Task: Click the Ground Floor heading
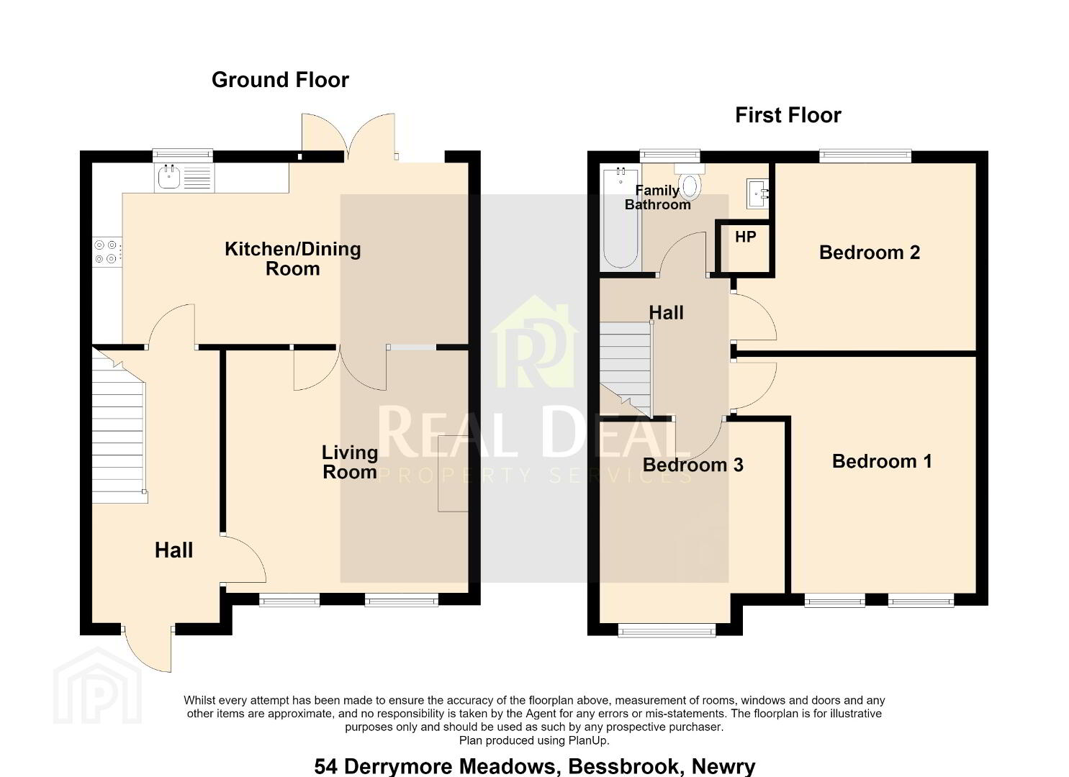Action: click(280, 80)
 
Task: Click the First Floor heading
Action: click(788, 115)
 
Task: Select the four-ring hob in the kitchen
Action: click(107, 252)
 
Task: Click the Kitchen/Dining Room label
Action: click(292, 258)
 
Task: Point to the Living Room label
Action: click(350, 462)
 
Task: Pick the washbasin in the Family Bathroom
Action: click(758, 194)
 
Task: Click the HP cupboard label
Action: click(746, 237)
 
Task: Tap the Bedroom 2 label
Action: click(870, 253)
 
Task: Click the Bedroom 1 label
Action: click(882, 461)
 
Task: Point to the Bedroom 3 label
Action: click(693, 465)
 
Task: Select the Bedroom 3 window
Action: click(667, 630)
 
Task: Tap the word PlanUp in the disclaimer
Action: click(588, 740)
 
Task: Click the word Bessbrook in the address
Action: click(623, 766)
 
